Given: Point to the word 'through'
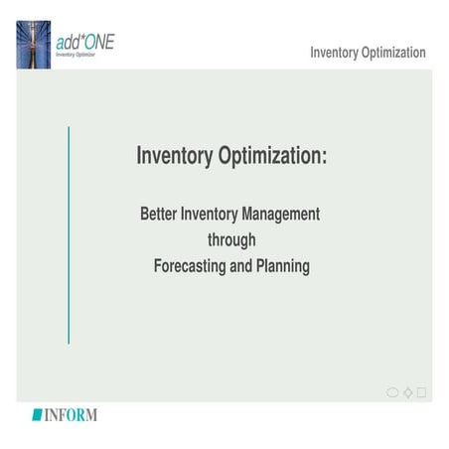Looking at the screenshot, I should [231, 240].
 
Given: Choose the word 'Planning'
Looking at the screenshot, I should [284, 266].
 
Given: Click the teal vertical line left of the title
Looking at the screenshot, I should [68, 234].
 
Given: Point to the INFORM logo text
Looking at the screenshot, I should [70, 414].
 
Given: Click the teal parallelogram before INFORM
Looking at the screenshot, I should [37, 414].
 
